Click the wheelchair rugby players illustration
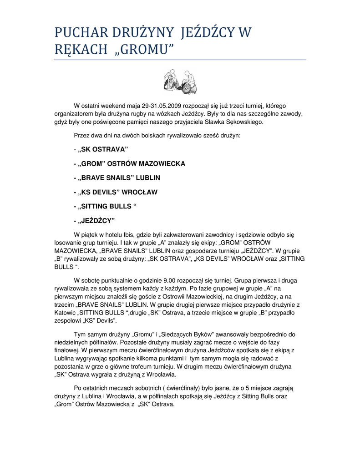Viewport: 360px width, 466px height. point(180,81)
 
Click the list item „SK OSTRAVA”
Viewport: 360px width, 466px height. point(103,150)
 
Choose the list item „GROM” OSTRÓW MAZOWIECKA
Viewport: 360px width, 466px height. point(132,164)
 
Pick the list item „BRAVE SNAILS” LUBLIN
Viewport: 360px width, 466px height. point(119,178)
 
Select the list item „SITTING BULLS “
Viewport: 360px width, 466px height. point(107,206)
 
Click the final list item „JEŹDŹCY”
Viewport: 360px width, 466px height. point(96,221)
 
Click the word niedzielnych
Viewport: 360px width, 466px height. point(73,342)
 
